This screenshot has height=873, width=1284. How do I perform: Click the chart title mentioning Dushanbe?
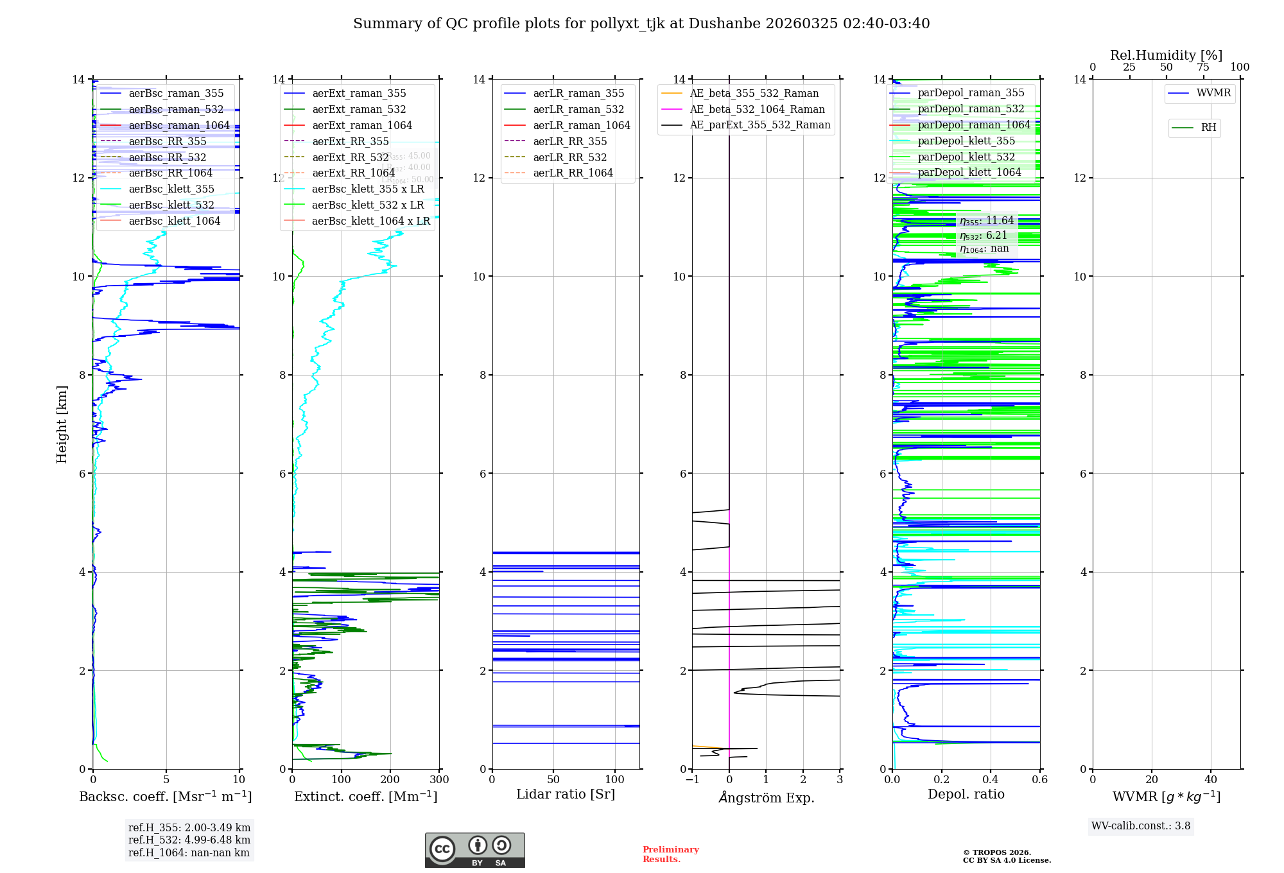pyautogui.click(x=641, y=24)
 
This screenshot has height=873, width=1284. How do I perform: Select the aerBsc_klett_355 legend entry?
pyautogui.click(x=171, y=189)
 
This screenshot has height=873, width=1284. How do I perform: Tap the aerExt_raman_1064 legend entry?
pyautogui.click(x=362, y=126)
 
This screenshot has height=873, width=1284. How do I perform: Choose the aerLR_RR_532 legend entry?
pyautogui.click(x=569, y=158)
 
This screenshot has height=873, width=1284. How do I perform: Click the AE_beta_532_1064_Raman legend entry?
pyautogui.click(x=757, y=110)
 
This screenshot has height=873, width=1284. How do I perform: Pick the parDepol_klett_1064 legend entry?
pyautogui.click(x=969, y=173)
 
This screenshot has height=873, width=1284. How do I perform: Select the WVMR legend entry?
pyautogui.click(x=1213, y=93)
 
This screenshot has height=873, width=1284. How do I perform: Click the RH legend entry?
pyautogui.click(x=1208, y=128)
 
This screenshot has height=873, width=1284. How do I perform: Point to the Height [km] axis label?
pyautogui.click(x=62, y=424)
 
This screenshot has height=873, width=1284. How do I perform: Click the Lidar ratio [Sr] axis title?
pyautogui.click(x=566, y=795)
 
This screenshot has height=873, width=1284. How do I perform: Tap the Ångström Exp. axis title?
pyautogui.click(x=766, y=798)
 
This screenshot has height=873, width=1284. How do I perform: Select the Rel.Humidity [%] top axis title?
pyautogui.click(x=1166, y=55)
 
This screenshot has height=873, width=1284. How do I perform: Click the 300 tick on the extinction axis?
pyautogui.click(x=440, y=780)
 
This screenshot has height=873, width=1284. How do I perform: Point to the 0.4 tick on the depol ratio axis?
pyautogui.click(x=991, y=780)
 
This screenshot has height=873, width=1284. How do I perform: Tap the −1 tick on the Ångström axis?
pyautogui.click(x=692, y=780)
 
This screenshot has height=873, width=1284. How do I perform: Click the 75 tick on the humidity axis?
pyautogui.click(x=1202, y=67)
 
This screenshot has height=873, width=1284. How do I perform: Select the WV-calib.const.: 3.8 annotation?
pyautogui.click(x=1141, y=826)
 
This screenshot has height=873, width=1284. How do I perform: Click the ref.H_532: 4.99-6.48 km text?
pyautogui.click(x=189, y=840)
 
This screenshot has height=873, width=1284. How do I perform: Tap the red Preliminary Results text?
pyautogui.click(x=670, y=854)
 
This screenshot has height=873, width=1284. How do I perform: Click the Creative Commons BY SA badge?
pyautogui.click(x=474, y=851)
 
